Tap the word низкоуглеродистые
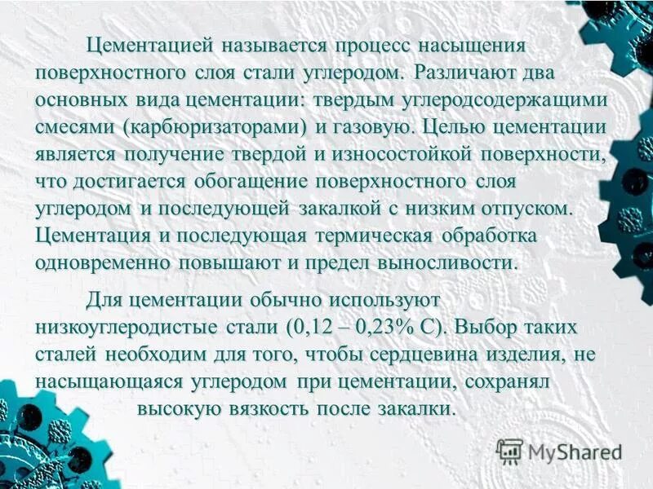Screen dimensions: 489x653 pos(126,327)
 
